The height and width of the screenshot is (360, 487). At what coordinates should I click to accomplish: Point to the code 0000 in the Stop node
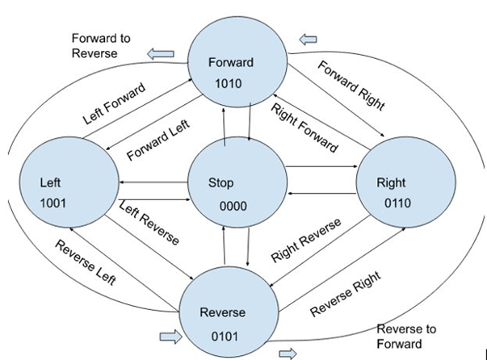[x=233, y=206]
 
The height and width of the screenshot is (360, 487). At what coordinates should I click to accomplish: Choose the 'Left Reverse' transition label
[x=149, y=224]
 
